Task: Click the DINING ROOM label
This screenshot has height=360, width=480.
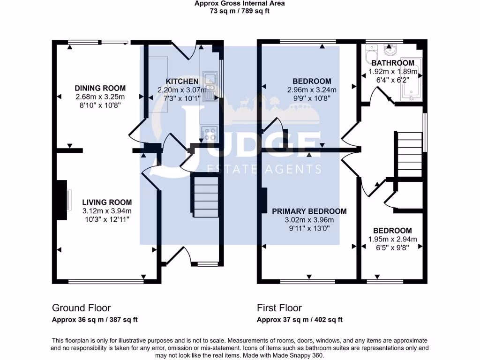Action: (100, 88)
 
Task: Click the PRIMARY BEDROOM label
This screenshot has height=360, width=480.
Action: (309, 211)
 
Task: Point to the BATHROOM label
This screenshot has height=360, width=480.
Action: (392, 63)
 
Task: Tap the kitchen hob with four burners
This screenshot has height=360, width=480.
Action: (209, 134)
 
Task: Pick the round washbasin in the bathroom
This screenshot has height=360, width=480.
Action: (390, 50)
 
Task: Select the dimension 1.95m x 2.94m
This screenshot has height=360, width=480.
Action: (392, 239)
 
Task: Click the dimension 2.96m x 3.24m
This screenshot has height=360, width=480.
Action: (309, 90)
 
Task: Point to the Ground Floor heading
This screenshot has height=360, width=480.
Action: (81, 308)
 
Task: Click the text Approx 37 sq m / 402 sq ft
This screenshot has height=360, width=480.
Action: (300, 320)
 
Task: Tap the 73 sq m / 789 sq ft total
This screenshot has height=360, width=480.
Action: (240, 11)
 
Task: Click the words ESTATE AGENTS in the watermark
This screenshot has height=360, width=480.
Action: (264, 169)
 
